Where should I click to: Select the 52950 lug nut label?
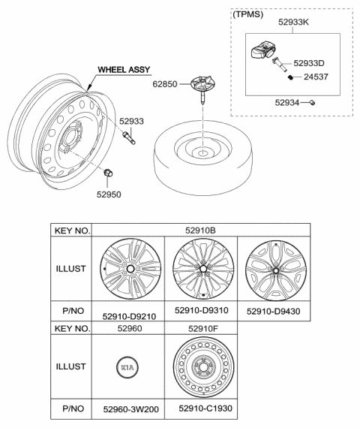tap(108, 194)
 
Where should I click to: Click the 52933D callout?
tap(313, 65)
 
